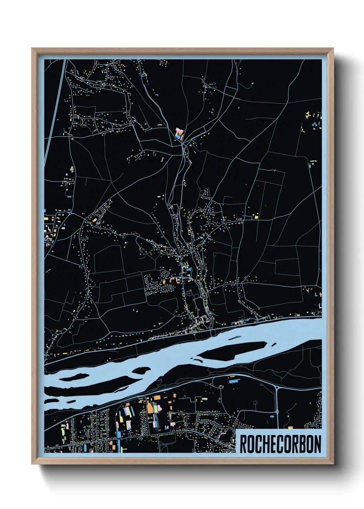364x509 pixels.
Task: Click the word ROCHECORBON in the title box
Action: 280,444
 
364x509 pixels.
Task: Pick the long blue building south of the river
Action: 234,381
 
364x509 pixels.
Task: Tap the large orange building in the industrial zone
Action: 150,407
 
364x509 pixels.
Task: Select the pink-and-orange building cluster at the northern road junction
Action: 179,133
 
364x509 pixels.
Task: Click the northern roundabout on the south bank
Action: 277,388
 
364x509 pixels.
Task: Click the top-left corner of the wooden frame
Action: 32,49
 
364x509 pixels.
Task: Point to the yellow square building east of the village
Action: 256,217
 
